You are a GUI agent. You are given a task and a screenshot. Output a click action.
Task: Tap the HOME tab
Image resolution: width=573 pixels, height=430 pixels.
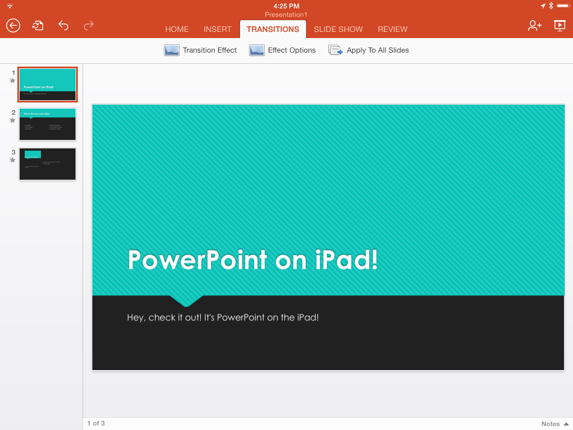tap(177, 29)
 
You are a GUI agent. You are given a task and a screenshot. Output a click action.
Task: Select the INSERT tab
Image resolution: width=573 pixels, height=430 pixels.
tap(218, 29)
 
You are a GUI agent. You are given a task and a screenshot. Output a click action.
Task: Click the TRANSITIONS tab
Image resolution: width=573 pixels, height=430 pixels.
tap(273, 29)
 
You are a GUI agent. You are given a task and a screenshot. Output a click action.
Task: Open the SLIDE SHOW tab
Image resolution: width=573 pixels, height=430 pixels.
tap(338, 29)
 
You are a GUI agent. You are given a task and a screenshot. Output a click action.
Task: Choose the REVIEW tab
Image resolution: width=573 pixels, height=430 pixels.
tap(392, 29)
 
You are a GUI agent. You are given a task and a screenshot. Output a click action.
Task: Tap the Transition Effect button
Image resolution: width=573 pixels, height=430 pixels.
tap(200, 50)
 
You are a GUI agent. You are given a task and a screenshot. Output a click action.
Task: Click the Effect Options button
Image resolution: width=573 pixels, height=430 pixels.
tap(283, 50)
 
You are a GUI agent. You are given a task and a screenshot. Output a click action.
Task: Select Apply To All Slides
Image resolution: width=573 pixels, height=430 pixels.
tap(369, 50)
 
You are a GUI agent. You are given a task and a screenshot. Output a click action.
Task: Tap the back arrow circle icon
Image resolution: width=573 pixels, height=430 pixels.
tap(13, 25)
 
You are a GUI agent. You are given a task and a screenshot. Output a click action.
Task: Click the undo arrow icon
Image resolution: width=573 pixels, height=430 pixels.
tap(63, 25)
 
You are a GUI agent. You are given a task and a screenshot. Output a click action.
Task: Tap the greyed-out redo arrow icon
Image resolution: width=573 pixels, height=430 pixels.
tap(88, 25)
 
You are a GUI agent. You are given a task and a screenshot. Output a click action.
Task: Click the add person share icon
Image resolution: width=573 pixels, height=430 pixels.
tap(534, 25)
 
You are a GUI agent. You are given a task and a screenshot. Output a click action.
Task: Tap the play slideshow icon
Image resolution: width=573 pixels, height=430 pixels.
tap(559, 25)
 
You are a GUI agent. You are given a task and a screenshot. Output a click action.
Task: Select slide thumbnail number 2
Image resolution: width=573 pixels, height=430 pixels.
tap(48, 124)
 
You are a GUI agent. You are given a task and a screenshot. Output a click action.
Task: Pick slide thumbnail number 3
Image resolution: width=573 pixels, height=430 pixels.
tap(48, 164)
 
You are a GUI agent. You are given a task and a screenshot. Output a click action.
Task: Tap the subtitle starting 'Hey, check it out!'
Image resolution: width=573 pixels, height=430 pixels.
tap(223, 317)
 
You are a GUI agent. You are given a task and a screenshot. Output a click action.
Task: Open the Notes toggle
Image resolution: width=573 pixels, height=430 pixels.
tap(555, 424)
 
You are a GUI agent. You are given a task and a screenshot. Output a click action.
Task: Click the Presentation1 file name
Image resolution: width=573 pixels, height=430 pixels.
tap(286, 15)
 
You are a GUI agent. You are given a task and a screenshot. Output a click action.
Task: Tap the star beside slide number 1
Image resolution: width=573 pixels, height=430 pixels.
tap(12, 81)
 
